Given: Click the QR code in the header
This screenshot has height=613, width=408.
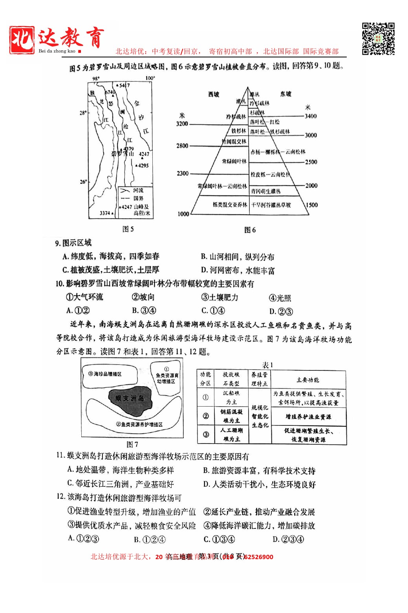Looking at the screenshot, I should pos(378,39).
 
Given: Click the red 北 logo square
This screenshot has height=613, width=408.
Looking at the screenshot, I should pos(22,40).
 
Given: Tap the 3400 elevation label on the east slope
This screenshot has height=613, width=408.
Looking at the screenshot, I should pos(310,116).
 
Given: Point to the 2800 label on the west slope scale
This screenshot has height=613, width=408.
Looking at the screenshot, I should pos(182,146).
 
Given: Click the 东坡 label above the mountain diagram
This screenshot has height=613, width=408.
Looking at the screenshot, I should pos(285,94).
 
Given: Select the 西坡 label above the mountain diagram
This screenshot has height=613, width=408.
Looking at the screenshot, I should pos(214,94).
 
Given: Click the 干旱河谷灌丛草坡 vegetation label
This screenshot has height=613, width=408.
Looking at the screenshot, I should pos(271,205).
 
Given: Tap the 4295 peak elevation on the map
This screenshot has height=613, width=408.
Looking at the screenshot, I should pos(143,166).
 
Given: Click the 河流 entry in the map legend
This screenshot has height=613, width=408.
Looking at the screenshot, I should pos(138,190).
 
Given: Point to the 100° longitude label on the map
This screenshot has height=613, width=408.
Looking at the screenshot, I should pos(150,78).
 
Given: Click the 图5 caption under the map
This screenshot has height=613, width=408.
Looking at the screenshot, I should pos(128,229).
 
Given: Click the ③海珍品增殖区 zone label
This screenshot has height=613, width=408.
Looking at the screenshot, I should pos(105,374).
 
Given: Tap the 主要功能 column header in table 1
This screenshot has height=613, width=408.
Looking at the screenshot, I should pos(308,380).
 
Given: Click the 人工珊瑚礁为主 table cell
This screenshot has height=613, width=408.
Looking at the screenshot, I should pos(231,434).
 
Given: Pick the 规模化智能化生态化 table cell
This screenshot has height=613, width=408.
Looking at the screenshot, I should pos(260,416).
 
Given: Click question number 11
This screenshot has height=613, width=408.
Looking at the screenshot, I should pos(60,456).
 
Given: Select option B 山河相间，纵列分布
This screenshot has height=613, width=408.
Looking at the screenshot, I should pos(238,257).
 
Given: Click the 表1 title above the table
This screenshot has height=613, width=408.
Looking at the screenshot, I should pos(268,365).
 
